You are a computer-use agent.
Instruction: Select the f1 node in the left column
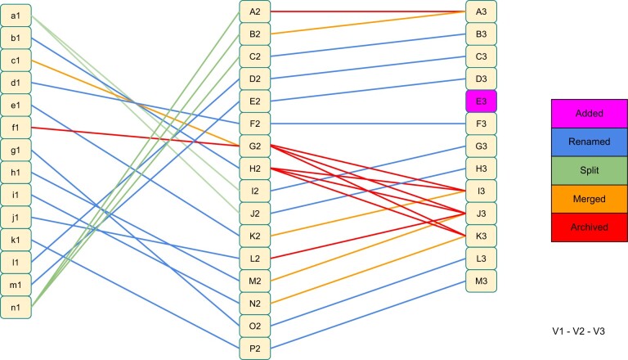pos(16,128)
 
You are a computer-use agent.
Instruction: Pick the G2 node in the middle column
pos(255,146)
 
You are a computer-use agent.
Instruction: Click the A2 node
pos(255,11)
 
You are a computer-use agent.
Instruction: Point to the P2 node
pos(255,348)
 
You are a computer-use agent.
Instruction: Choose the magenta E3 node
pos(481,101)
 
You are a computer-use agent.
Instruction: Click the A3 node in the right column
pos(481,11)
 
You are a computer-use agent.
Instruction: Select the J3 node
pos(481,214)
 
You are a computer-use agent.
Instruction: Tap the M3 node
pos(481,281)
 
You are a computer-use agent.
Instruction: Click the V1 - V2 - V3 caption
pos(579,331)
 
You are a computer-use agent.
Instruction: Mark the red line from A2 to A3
pos(368,11)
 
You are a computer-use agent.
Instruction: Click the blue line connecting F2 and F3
pos(368,124)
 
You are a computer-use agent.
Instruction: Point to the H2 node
pos(255,169)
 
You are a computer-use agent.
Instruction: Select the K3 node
pos(481,236)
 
